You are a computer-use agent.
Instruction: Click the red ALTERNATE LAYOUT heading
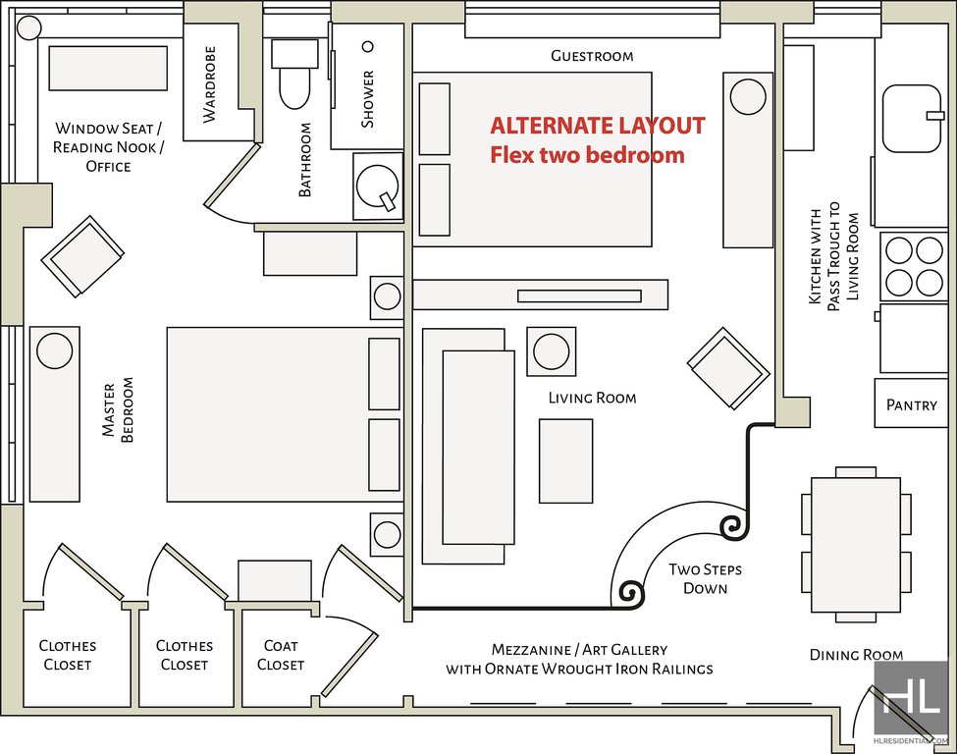click(597, 126)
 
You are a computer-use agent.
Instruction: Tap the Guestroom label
click(592, 56)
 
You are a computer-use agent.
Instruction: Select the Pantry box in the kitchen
click(911, 404)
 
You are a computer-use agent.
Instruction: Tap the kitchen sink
click(913, 119)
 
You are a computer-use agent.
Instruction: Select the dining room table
click(856, 545)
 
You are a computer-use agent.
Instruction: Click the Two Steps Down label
click(705, 578)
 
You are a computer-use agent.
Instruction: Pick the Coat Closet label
click(281, 655)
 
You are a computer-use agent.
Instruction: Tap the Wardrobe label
click(209, 95)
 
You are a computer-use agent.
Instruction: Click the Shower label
click(368, 98)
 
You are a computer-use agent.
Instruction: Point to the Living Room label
click(592, 398)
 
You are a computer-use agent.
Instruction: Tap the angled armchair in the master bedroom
click(82, 255)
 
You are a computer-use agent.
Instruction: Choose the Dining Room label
click(856, 655)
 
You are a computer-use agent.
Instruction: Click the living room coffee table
click(565, 460)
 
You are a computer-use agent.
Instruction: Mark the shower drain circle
click(369, 46)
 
